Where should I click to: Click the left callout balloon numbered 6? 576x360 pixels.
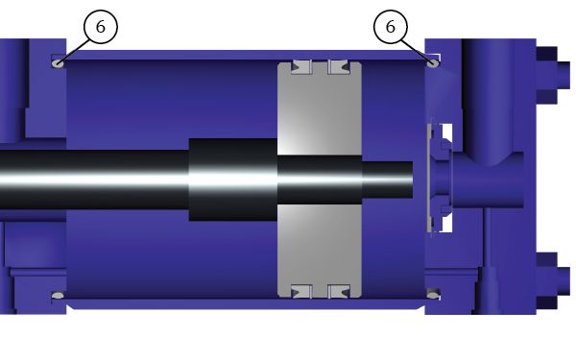point(101,27)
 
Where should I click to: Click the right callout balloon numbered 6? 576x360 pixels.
point(391,27)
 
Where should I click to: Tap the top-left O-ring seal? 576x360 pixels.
point(58,63)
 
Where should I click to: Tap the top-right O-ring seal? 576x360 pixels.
point(433,62)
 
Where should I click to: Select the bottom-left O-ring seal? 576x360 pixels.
point(58,295)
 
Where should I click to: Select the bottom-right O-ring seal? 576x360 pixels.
point(433,295)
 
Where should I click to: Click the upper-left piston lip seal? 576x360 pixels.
point(301,67)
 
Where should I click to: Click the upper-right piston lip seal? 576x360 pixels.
point(339,67)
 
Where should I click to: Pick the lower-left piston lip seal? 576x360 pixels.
point(301,291)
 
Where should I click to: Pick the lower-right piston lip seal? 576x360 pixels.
point(339,291)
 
